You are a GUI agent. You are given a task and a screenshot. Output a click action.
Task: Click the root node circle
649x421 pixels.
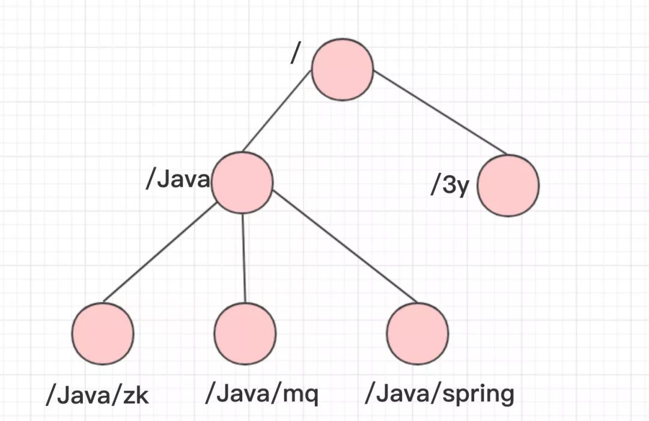343,70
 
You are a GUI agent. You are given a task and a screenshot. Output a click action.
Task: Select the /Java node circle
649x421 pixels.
242,183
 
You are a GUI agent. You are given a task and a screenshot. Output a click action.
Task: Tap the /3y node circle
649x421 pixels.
508,185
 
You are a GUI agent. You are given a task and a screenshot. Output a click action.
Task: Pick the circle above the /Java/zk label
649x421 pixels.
103,333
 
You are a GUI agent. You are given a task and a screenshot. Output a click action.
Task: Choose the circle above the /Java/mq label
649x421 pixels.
245,333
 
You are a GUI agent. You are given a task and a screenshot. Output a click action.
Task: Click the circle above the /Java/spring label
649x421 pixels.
418,333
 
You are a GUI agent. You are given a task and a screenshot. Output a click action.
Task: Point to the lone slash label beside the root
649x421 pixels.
294,54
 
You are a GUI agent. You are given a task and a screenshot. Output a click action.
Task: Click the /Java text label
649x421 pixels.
178,180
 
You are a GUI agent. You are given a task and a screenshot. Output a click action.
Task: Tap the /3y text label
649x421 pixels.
449,184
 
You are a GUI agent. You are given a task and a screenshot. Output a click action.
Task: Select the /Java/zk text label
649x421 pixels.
97,395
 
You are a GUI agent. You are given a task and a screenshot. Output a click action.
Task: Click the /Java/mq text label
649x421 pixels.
262,393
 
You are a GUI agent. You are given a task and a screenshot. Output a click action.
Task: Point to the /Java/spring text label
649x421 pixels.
439,394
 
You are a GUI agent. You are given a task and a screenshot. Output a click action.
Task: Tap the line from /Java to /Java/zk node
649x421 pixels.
159,252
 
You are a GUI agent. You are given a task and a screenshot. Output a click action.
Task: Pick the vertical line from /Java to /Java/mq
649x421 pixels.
244,258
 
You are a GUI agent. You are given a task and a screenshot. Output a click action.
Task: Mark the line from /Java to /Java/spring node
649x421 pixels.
345,246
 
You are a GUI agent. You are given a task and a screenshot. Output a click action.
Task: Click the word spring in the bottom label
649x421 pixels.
478,395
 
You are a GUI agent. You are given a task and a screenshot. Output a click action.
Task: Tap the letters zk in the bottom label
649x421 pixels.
136,395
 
